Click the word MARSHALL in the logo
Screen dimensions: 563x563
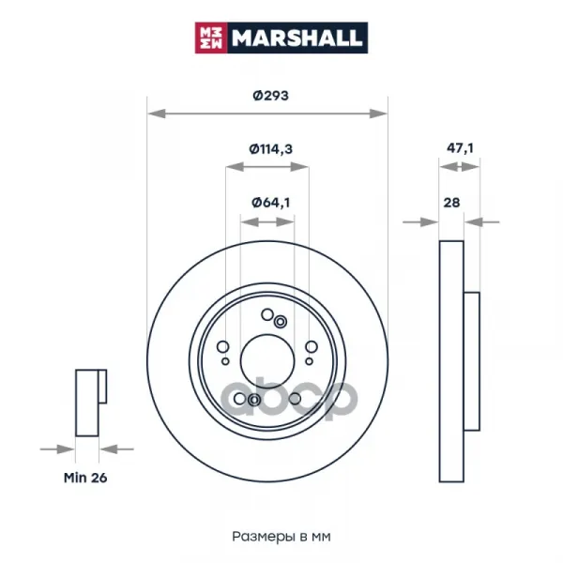(297, 38)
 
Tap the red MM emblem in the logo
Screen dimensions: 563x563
(211, 38)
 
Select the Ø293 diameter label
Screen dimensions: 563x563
(271, 96)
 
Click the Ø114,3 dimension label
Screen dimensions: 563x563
(271, 148)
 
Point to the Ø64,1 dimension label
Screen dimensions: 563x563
(271, 203)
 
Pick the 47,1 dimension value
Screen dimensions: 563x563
(460, 148)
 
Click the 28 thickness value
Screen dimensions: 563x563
(451, 203)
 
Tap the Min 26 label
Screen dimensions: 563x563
(85, 478)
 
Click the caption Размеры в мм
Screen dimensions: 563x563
(281, 537)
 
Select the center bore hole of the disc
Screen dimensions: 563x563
(267, 361)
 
